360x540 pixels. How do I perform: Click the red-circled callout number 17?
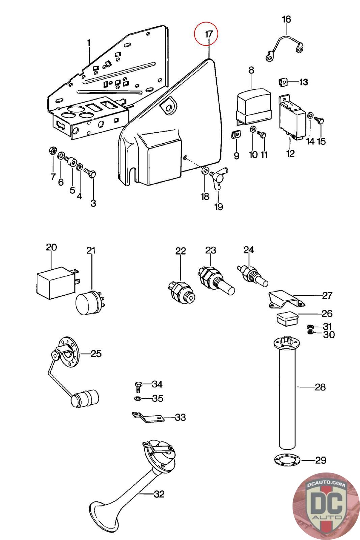pos(209,34)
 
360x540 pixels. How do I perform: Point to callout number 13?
pos(304,82)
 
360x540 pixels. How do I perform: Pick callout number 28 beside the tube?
pos(320,387)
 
